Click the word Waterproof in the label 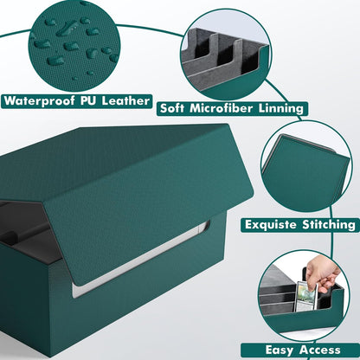pyautogui.click(x=39, y=101)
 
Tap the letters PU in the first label pyautogui.click(x=88, y=100)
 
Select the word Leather pyautogui.click(x=125, y=100)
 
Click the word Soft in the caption pyautogui.click(x=172, y=108)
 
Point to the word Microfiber pyautogui.click(x=222, y=108)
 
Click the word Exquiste pyautogui.click(x=270, y=224)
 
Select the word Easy pyautogui.click(x=280, y=350)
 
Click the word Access pyautogui.click(x=319, y=350)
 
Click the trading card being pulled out pyautogui.click(x=306, y=296)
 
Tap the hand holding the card pyautogui.click(x=322, y=273)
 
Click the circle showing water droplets pyautogui.click(x=74, y=46)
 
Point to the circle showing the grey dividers pyautogui.click(x=226, y=55)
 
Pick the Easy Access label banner pyautogui.click(x=300, y=350)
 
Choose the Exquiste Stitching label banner pyautogui.click(x=300, y=225)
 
